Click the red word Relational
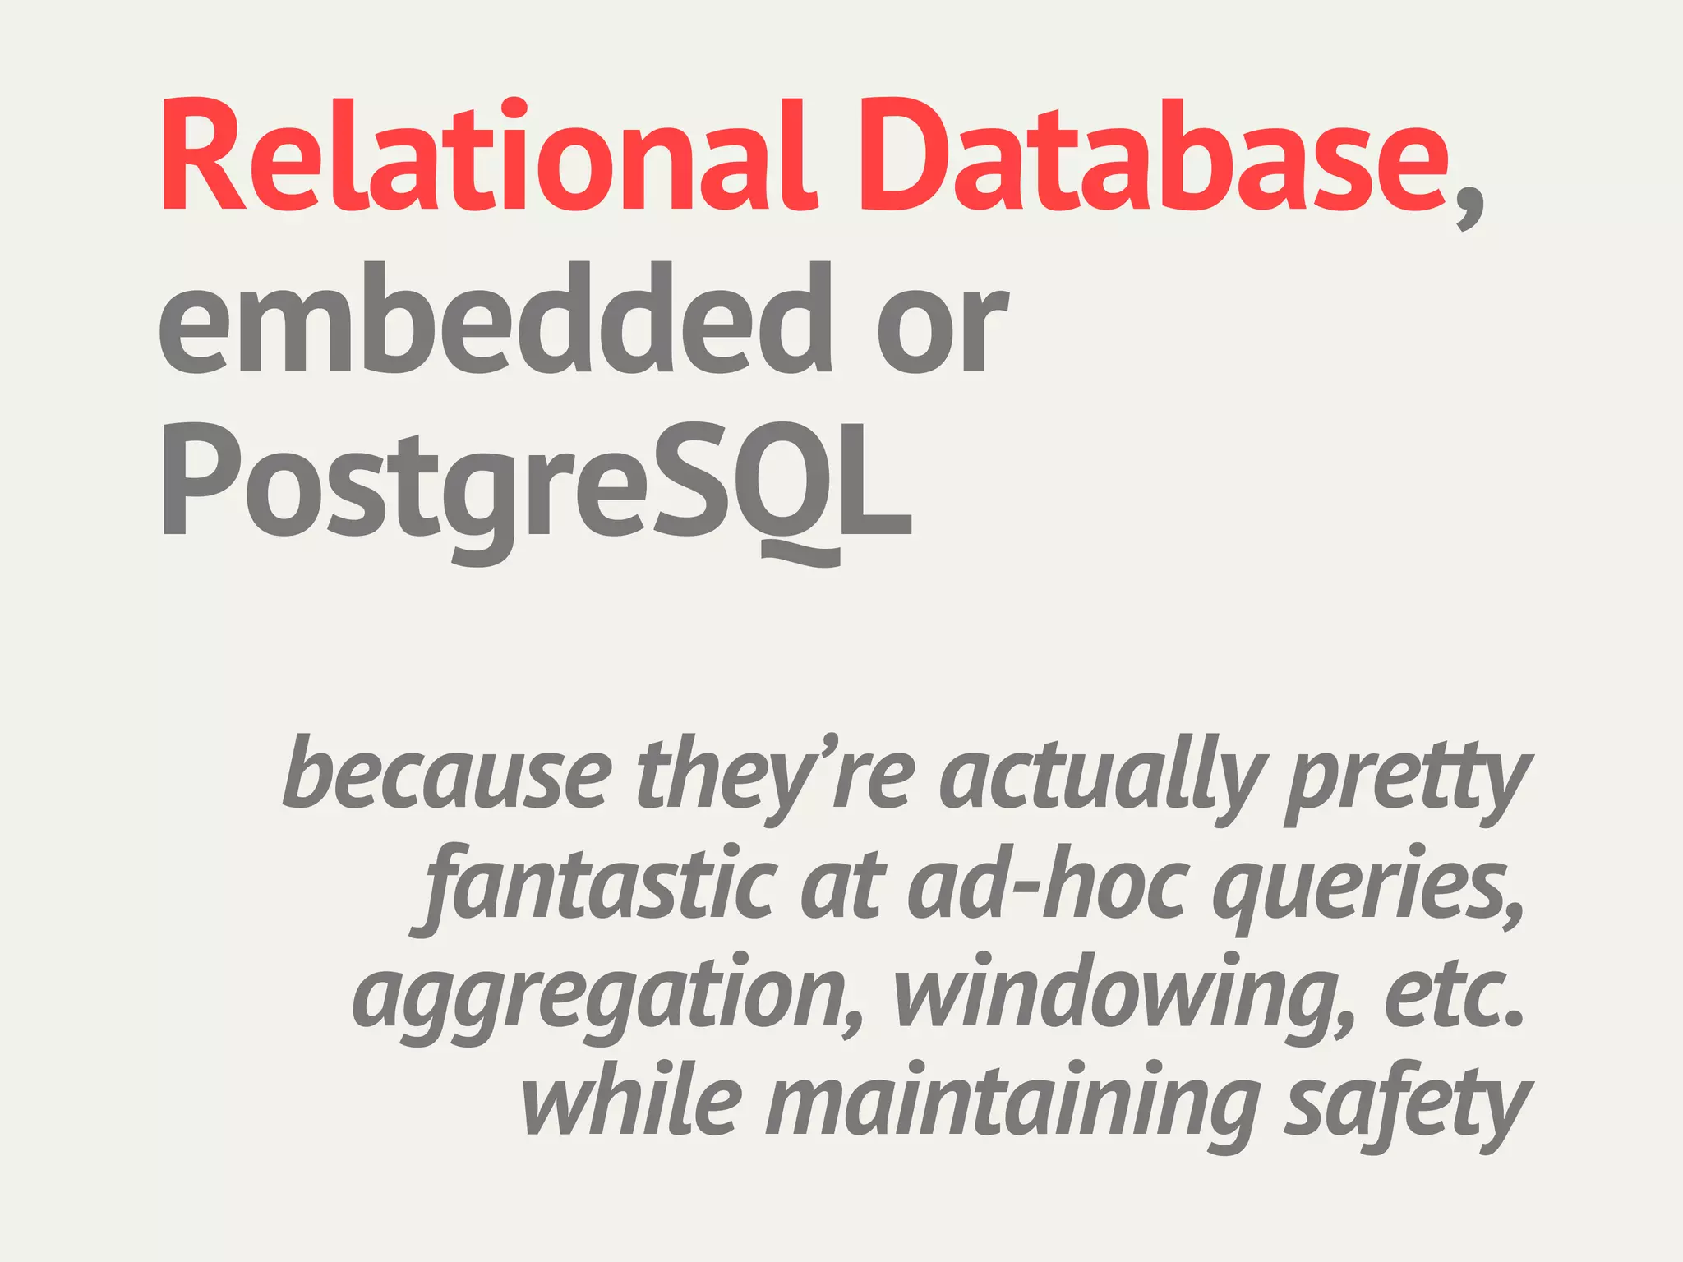pyautogui.click(x=490, y=156)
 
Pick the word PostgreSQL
pyautogui.click(x=534, y=485)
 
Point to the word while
pyautogui.click(x=633, y=1101)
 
